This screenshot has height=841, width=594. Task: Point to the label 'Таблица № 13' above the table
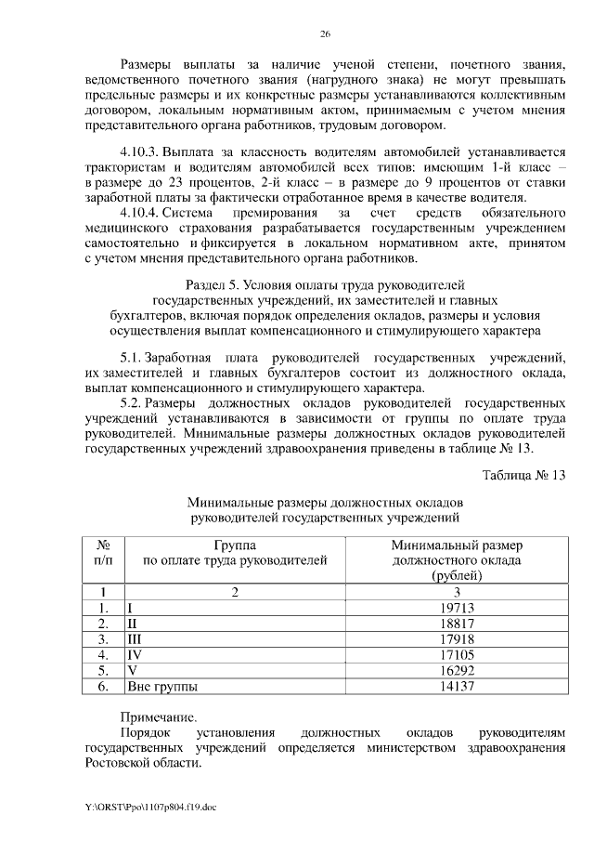pos(523,475)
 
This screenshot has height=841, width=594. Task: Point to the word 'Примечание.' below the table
pos(158,716)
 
